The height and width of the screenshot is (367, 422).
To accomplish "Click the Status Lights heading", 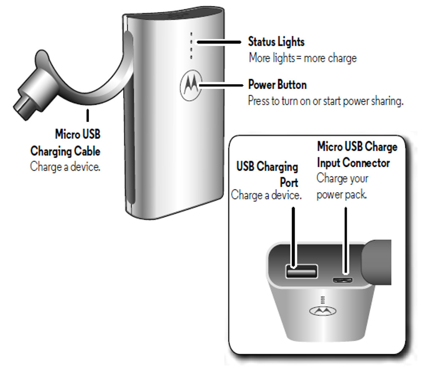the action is pyautogui.click(x=276, y=42).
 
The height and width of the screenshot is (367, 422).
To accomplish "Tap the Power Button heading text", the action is pyautogui.click(x=277, y=85).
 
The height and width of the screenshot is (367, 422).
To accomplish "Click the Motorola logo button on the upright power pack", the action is pyautogui.click(x=191, y=85).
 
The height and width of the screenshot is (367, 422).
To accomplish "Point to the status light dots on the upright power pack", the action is pyautogui.click(x=191, y=46).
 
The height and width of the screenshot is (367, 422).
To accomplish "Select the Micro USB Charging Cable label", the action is pyautogui.click(x=65, y=143).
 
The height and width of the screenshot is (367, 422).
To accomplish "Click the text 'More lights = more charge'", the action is pyautogui.click(x=303, y=58).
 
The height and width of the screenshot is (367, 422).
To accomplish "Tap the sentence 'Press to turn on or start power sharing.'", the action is pyautogui.click(x=326, y=101).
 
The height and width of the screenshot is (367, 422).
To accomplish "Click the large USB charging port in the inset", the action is pyautogui.click(x=301, y=272).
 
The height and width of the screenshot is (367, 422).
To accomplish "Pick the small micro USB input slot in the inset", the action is pyautogui.click(x=342, y=280).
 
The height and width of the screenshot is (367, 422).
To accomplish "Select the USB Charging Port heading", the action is pyautogui.click(x=267, y=175).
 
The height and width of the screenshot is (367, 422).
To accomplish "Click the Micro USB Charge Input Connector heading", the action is pyautogui.click(x=357, y=155).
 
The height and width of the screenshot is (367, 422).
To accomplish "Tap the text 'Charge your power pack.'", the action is pyautogui.click(x=342, y=186).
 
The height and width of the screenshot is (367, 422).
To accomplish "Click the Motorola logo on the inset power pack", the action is pyautogui.click(x=323, y=311).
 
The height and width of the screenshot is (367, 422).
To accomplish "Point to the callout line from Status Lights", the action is pyautogui.click(x=219, y=42).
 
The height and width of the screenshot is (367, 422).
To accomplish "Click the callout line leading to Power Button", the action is pyautogui.click(x=221, y=85).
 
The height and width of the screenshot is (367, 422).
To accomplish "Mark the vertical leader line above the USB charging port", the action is pyautogui.click(x=293, y=237).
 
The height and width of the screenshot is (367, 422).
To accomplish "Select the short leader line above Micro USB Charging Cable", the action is pyautogui.click(x=87, y=115).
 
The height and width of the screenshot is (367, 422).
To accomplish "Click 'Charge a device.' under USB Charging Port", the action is pyautogui.click(x=266, y=195).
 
